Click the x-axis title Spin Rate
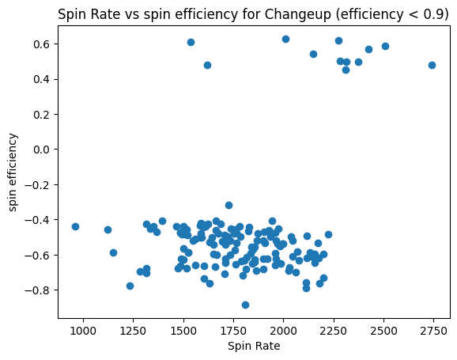pyautogui.click(x=254, y=346)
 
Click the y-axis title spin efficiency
pyautogui.click(x=13, y=172)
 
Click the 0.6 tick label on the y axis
pyautogui.click(x=40, y=44)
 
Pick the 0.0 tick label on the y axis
pyautogui.click(x=40, y=150)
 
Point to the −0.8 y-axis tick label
pyautogui.click(x=37, y=290)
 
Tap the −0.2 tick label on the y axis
pyautogui.click(x=37, y=184)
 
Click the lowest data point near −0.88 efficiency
pyautogui.click(x=245, y=305)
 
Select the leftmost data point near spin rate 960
pyautogui.click(x=75, y=226)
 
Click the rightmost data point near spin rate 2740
pyautogui.click(x=432, y=65)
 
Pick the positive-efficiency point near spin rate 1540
pyautogui.click(x=191, y=42)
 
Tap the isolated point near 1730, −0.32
pyautogui.click(x=228, y=205)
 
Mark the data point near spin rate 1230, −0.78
pyautogui.click(x=130, y=286)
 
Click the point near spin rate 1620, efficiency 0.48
pyautogui.click(x=207, y=65)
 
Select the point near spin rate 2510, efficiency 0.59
pyautogui.click(x=385, y=46)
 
